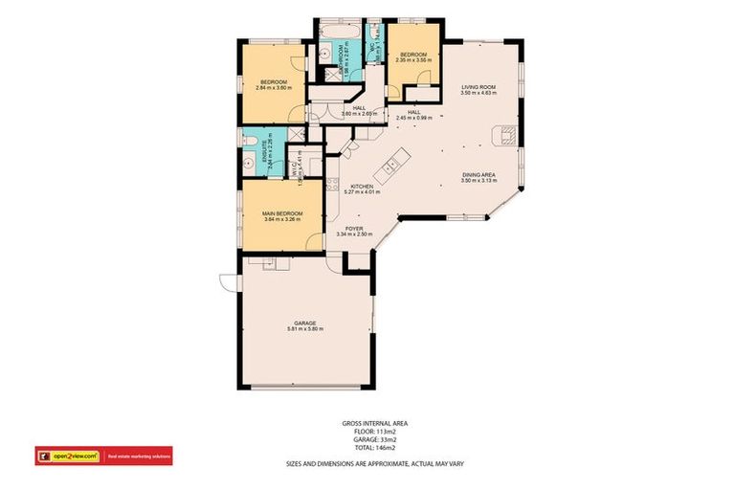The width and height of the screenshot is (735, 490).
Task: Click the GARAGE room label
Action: (305, 323)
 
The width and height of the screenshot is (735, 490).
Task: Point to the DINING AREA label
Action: (478, 174)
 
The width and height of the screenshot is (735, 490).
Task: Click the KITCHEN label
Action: (361, 186)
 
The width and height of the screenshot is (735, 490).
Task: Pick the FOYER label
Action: (353, 229)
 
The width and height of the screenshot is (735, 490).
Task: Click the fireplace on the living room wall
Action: (508, 136)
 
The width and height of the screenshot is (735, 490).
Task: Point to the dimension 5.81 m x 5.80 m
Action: (305, 329)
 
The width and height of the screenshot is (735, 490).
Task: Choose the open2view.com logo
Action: (69, 456)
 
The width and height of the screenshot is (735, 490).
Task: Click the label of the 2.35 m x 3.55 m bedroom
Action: (413, 55)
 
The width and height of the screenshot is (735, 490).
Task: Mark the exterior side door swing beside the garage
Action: (227, 281)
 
